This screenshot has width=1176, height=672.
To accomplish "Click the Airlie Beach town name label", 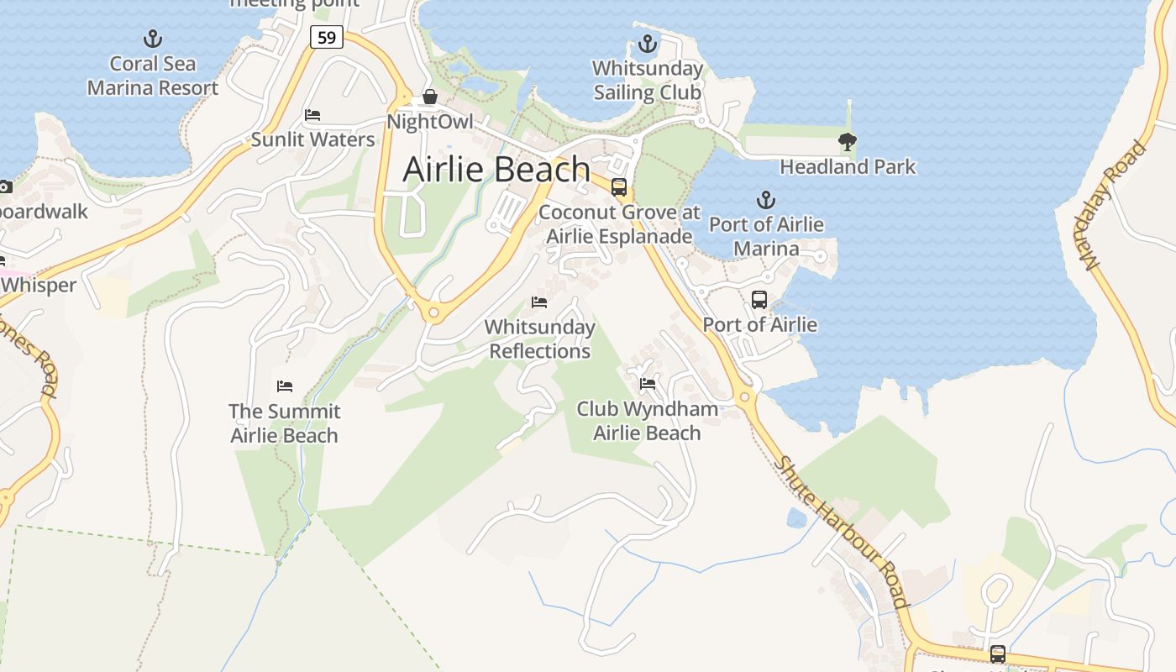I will pyautogui.click(x=496, y=170).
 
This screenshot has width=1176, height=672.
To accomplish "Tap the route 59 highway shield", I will pyautogui.click(x=326, y=37).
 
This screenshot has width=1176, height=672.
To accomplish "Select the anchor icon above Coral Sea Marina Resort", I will pyautogui.click(x=152, y=38).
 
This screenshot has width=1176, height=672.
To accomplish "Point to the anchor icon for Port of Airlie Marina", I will pyautogui.click(x=765, y=200).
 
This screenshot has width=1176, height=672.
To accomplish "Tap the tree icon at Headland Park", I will pyautogui.click(x=847, y=142).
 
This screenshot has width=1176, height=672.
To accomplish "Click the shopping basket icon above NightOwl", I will pyautogui.click(x=429, y=97).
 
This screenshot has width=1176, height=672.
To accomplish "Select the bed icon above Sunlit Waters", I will pyautogui.click(x=312, y=115).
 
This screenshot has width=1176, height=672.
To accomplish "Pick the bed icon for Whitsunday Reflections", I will pyautogui.click(x=539, y=302).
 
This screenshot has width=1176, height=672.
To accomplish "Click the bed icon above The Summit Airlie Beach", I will pyautogui.click(x=284, y=386).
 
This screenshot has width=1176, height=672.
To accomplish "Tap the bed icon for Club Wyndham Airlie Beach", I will pyautogui.click(x=647, y=385).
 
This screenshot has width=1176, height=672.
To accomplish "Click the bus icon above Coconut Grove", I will pyautogui.click(x=619, y=187).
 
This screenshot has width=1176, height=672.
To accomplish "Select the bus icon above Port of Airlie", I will pyautogui.click(x=759, y=300).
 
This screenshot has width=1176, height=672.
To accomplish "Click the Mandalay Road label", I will pyautogui.click(x=1115, y=206).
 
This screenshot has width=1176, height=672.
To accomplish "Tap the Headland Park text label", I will pyautogui.click(x=847, y=166).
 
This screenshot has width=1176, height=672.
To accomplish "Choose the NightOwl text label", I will pyautogui.click(x=429, y=122).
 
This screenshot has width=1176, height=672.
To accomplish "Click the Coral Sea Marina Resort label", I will pyautogui.click(x=153, y=76).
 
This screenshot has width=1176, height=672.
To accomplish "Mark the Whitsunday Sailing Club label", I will pyautogui.click(x=647, y=81).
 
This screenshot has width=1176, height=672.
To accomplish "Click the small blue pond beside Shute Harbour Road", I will pyautogui.click(x=796, y=517).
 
